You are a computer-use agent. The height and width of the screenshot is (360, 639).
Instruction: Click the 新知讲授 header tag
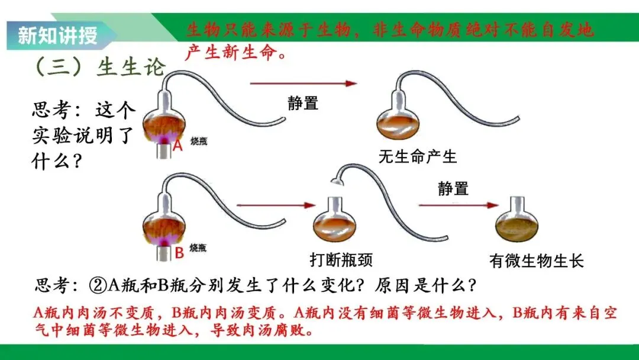click(57, 36)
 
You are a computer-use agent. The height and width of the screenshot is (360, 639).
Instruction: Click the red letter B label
click(179, 253)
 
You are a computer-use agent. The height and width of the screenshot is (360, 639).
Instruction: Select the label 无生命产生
click(418, 157)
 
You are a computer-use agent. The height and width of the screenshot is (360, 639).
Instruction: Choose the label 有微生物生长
click(537, 261)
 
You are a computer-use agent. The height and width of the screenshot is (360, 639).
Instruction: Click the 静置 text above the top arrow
click(303, 103)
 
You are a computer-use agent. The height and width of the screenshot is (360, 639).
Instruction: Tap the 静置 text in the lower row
click(453, 189)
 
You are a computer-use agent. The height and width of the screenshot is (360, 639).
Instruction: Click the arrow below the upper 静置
click(304, 83)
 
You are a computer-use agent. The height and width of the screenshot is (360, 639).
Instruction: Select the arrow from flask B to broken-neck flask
click(275, 205)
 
